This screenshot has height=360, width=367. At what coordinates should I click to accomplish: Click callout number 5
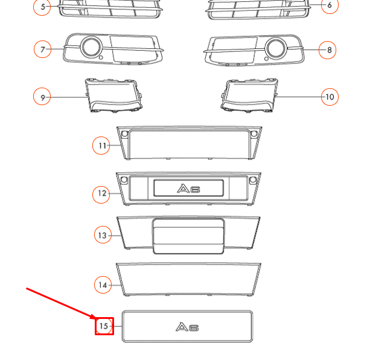coord(42,7)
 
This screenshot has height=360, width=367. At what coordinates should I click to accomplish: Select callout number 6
coord(330,6)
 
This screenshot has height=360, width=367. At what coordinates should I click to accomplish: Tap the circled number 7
coord(42,50)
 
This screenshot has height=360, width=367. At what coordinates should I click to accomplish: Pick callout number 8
coord(329,50)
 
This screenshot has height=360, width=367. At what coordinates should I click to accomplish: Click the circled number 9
coord(42,97)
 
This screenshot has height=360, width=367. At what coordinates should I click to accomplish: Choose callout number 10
coord(329,97)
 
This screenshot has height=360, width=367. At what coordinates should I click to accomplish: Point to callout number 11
coord(102,146)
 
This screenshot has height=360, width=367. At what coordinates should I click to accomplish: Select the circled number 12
coord(102,194)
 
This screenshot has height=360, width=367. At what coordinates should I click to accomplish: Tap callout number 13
coord(103,236)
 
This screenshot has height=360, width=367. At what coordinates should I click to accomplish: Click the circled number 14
coord(103,284)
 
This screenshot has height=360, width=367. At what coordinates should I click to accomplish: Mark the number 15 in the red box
coord(104,327)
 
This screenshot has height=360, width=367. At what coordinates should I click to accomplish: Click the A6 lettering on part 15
coord(187,327)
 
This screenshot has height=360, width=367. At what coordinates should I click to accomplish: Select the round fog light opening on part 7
coord(92,47)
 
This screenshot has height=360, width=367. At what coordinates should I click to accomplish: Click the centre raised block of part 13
coord(188,236)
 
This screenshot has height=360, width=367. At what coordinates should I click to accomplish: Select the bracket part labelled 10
coord(251,95)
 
